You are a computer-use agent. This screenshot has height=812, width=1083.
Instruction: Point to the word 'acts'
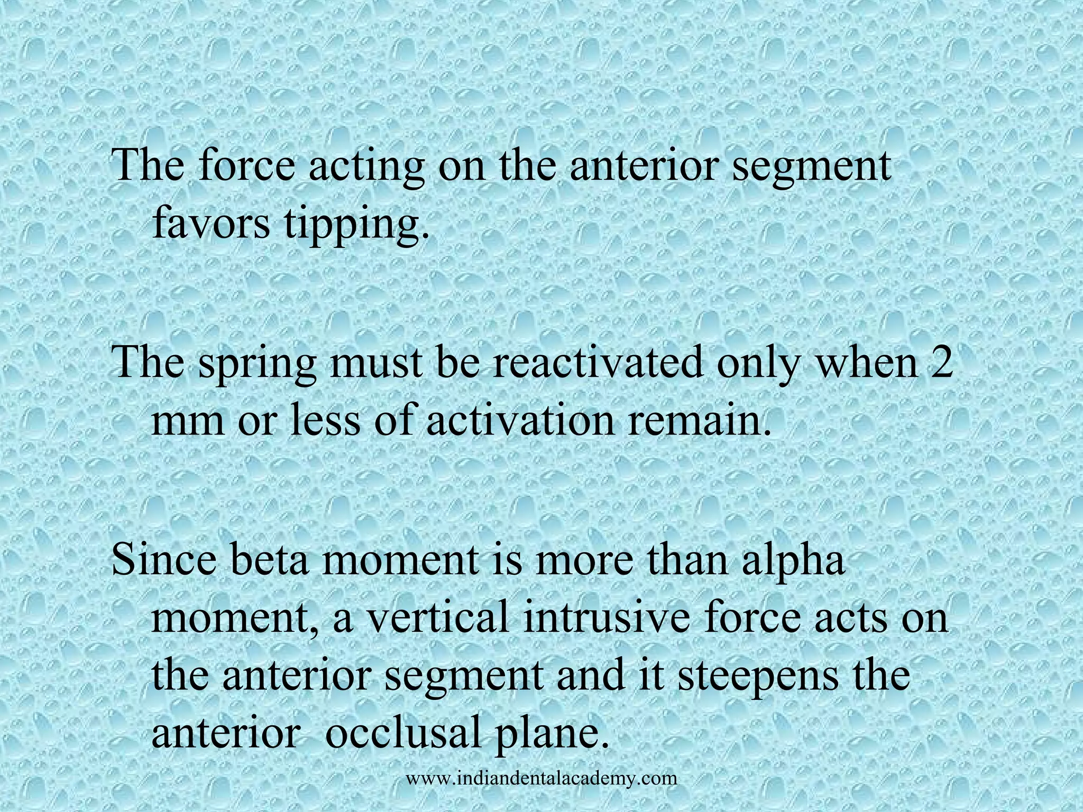852,619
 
